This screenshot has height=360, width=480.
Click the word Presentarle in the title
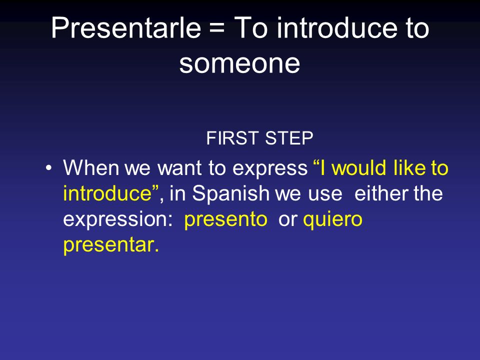[x=126, y=28]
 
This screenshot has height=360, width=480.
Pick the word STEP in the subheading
[x=289, y=138]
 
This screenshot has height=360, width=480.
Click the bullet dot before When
[x=48, y=168]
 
